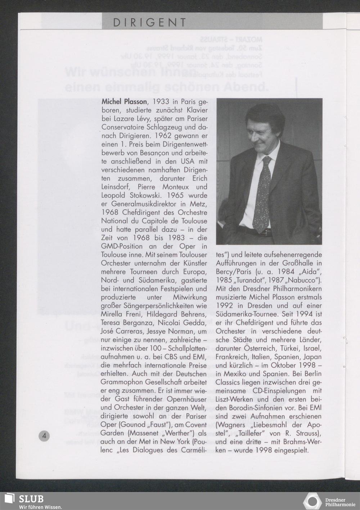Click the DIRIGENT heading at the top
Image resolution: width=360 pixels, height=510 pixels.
pyautogui.click(x=149, y=23)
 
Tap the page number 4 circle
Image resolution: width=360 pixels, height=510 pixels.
pyautogui.click(x=44, y=436)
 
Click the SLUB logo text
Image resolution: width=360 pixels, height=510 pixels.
pyautogui.click(x=31, y=499)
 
